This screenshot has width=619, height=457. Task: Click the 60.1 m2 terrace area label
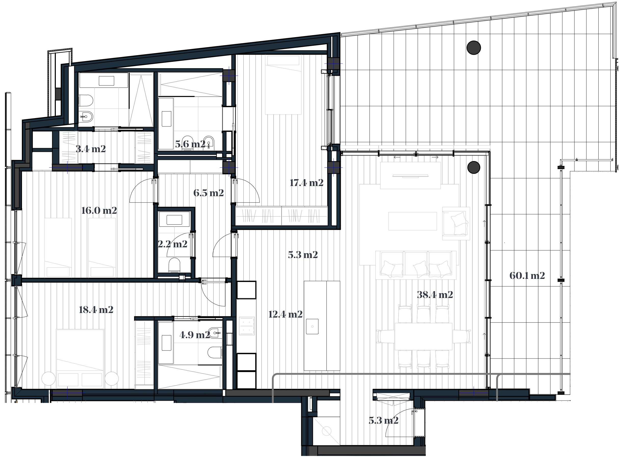(527, 276)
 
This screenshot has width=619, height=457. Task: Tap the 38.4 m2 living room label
(435, 295)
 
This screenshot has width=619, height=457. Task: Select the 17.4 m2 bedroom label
(307, 183)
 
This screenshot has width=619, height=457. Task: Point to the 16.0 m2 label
(99, 210)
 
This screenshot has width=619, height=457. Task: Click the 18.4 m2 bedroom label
(96, 310)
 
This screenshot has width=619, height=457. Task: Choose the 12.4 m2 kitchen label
(285, 314)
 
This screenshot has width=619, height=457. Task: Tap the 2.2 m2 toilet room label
(172, 244)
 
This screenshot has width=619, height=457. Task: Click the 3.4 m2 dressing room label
(91, 149)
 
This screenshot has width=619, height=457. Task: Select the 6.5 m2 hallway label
(208, 193)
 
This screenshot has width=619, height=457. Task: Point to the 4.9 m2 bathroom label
(194, 335)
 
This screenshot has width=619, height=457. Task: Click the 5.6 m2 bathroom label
(190, 144)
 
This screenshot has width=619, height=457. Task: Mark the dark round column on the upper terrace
(473, 48)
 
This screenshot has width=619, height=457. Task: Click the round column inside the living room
(473, 167)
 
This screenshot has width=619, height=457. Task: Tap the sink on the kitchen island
(312, 326)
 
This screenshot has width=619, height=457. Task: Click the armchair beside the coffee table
(456, 223)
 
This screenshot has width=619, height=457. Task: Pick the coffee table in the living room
(413, 221)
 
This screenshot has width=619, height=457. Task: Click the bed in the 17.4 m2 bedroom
(283, 85)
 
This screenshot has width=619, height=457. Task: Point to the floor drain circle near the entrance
(327, 431)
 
